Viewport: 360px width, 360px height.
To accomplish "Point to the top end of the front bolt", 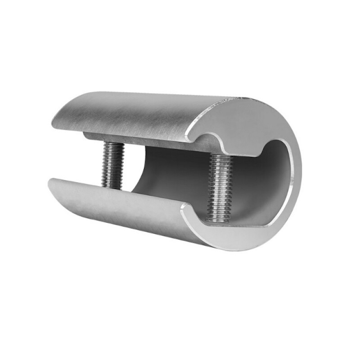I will click(220, 157).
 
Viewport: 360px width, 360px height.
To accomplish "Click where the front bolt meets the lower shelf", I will click(219, 220).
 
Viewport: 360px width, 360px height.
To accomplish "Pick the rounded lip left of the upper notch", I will click(191, 131).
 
